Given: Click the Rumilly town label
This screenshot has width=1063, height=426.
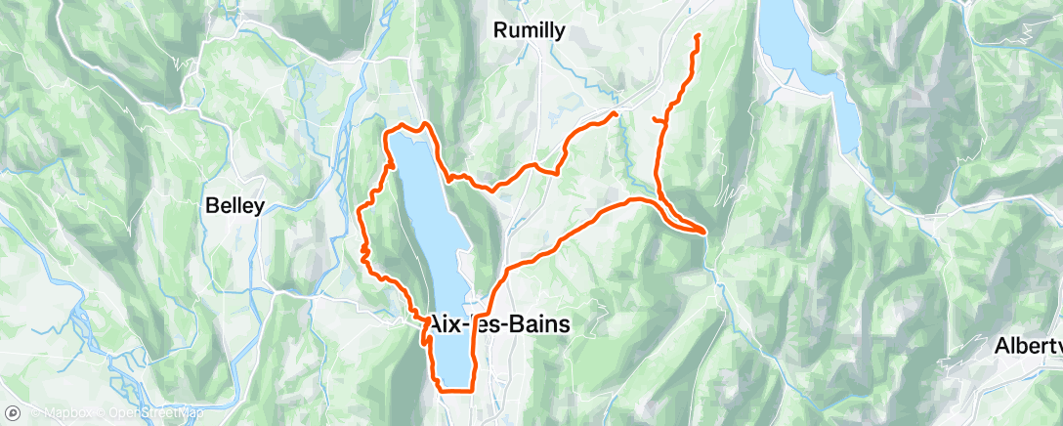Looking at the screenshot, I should [x=529, y=31].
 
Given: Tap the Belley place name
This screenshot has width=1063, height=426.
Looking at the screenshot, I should [x=234, y=206].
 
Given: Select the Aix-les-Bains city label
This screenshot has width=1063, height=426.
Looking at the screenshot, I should [x=499, y=324].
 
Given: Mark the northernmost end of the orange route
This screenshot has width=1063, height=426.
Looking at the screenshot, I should [x=698, y=35].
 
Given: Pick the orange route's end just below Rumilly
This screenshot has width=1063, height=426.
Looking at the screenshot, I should [x=616, y=113].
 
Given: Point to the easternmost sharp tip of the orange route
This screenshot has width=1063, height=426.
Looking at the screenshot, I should [x=704, y=231].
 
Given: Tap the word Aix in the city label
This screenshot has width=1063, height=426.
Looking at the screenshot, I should [x=446, y=324].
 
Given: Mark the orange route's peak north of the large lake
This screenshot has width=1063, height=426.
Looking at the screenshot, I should [x=425, y=124].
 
